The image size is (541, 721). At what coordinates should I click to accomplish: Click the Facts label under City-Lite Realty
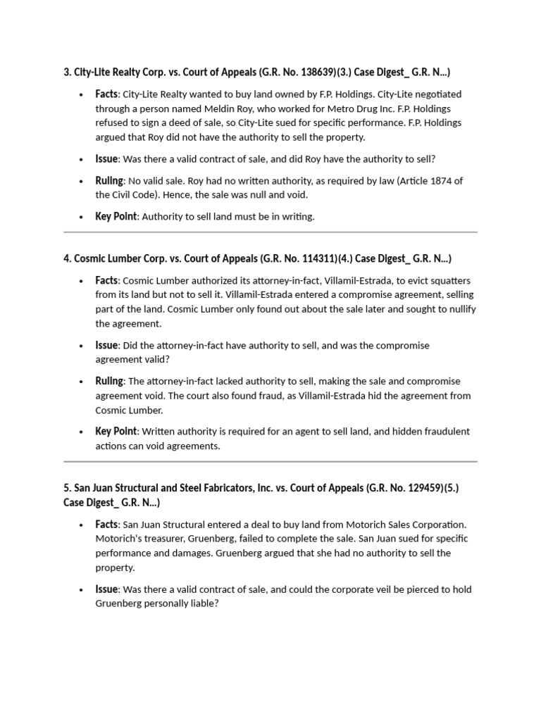coord(106,94)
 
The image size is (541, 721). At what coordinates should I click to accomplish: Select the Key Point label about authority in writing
coord(116,216)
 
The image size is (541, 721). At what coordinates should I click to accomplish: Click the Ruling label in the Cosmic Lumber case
coord(109,381)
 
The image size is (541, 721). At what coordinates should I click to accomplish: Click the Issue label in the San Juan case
coord(106,589)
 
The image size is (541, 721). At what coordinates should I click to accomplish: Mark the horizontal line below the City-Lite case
coord(270,232)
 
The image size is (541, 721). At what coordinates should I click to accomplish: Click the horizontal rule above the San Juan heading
coord(270,462)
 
